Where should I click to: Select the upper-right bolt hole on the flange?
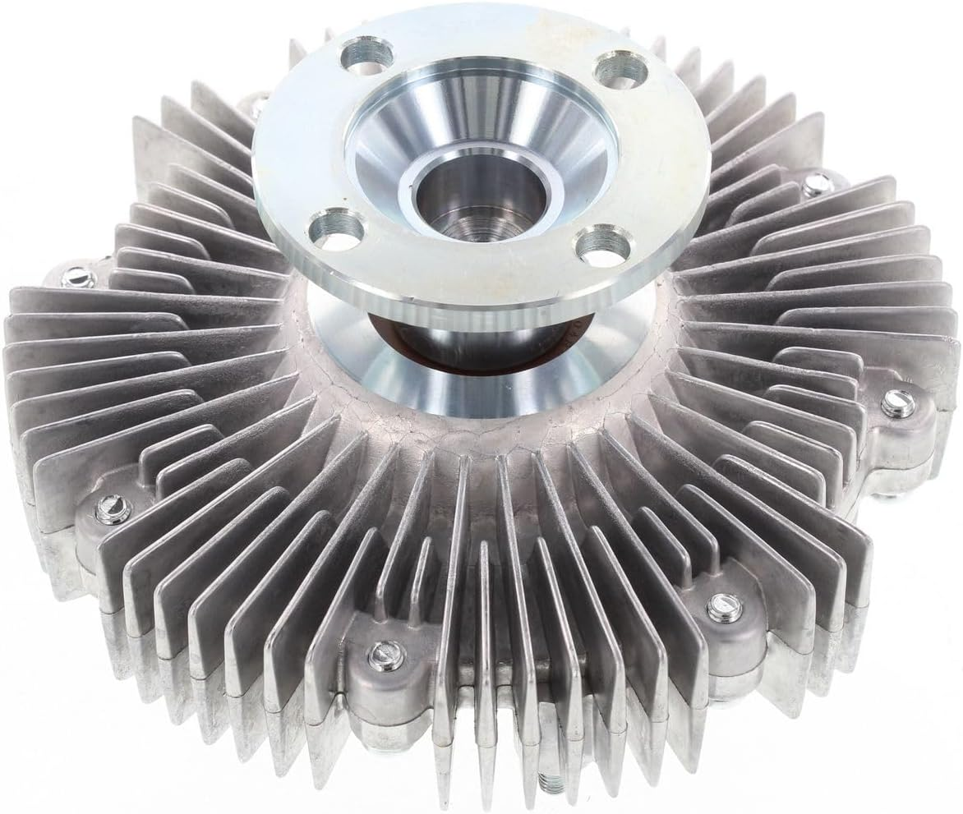point(618,71)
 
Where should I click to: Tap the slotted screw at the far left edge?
point(77,278)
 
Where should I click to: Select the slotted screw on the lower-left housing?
point(112,509)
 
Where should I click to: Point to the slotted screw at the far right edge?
point(898,403)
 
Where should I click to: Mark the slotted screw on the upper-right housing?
point(817,186)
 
